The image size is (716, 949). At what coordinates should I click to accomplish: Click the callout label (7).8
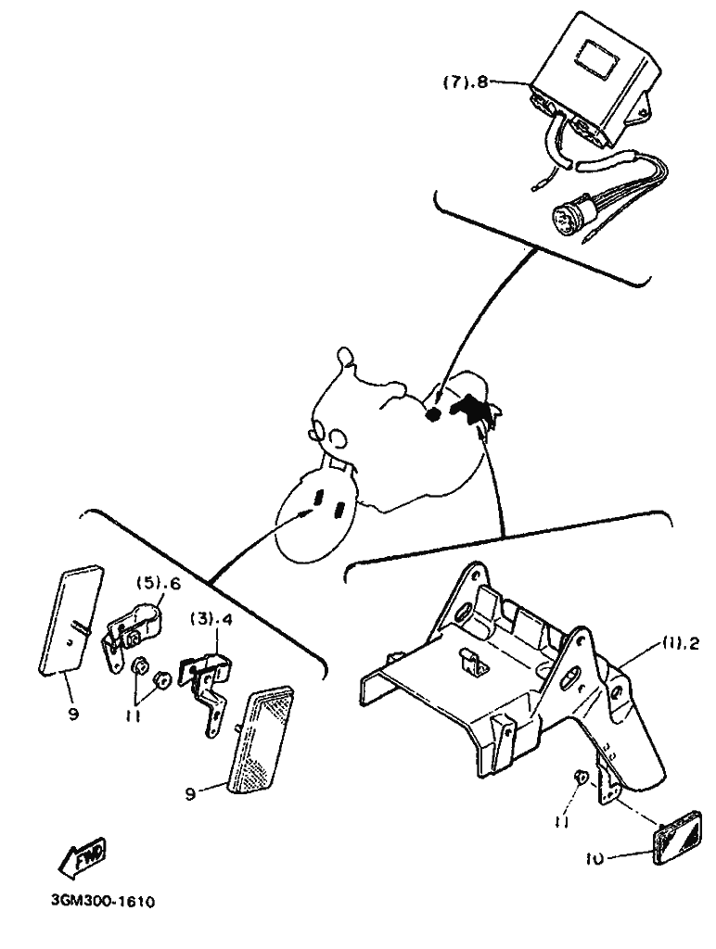point(465,82)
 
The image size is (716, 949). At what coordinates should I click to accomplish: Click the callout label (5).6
point(159,584)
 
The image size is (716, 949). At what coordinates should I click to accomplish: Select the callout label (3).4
point(211,620)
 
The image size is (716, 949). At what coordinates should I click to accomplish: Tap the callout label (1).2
point(678,643)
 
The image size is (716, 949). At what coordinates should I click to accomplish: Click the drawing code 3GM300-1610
point(102,902)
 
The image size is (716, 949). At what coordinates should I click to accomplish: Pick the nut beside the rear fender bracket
point(579,777)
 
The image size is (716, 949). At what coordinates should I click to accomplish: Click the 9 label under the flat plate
point(72,715)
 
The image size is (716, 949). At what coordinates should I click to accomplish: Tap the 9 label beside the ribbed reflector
point(190,793)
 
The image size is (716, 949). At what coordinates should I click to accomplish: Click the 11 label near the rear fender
point(561,824)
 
